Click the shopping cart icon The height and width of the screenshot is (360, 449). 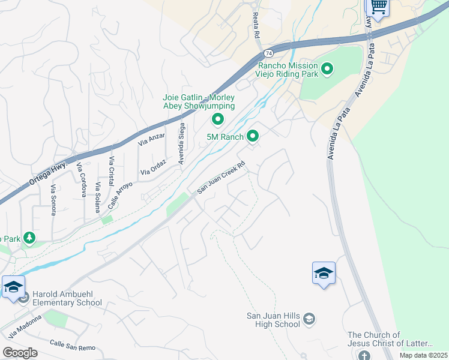pos(378,7)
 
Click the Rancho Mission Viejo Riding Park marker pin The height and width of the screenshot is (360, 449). pos(327,70)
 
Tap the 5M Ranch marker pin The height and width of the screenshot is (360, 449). pos(253,137)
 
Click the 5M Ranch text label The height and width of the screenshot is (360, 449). pos(225,137)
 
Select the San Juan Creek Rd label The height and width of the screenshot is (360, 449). pos(222,178)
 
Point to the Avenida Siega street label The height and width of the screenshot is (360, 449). pos(181,143)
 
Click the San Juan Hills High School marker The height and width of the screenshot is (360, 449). pos(309,318)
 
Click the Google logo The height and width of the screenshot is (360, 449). pos(20,353)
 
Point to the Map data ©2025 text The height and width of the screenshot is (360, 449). pos(423,355)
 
